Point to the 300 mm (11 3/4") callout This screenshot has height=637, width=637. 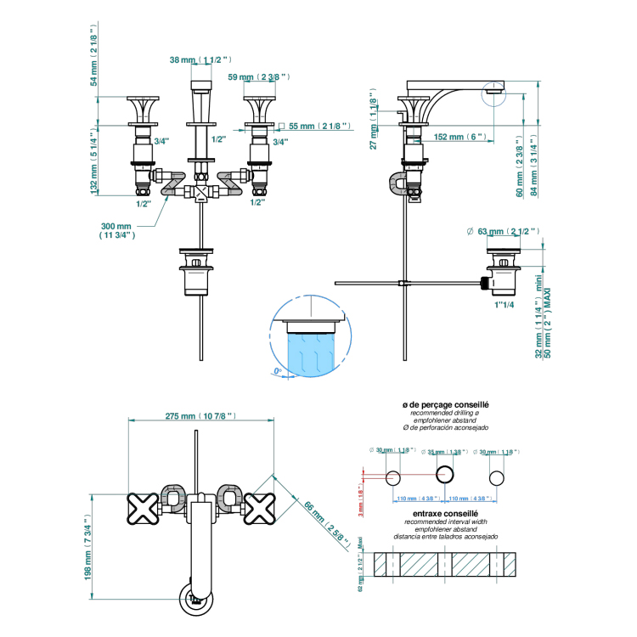pyautogui.click(x=118, y=231)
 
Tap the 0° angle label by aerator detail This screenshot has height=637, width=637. pyautogui.click(x=278, y=371)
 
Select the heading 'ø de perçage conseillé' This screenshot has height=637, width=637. pyautogui.click(x=445, y=407)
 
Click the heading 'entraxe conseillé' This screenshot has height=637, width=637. pyautogui.click(x=445, y=513)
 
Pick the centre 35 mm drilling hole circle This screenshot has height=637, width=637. pyautogui.click(x=444, y=474)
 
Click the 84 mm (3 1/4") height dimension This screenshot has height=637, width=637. pyautogui.click(x=535, y=166)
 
